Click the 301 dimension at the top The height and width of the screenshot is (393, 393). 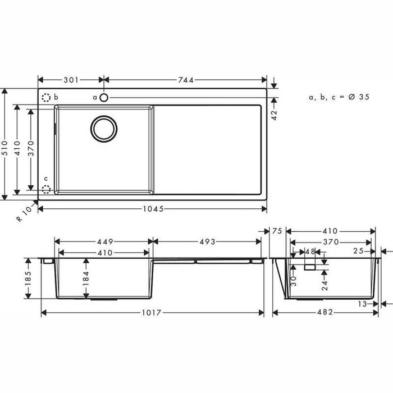point(70,80)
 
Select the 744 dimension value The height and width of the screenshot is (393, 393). point(185,80)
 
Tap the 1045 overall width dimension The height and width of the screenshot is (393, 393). point(153,209)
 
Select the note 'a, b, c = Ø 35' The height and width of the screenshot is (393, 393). point(339,97)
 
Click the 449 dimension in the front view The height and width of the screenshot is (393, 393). point(103,241)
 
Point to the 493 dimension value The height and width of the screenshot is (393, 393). point(207,241)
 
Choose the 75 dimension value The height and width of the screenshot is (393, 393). point(276,231)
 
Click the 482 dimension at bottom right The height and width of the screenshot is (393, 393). point(326,312)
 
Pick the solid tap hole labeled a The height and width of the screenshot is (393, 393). point(104,98)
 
